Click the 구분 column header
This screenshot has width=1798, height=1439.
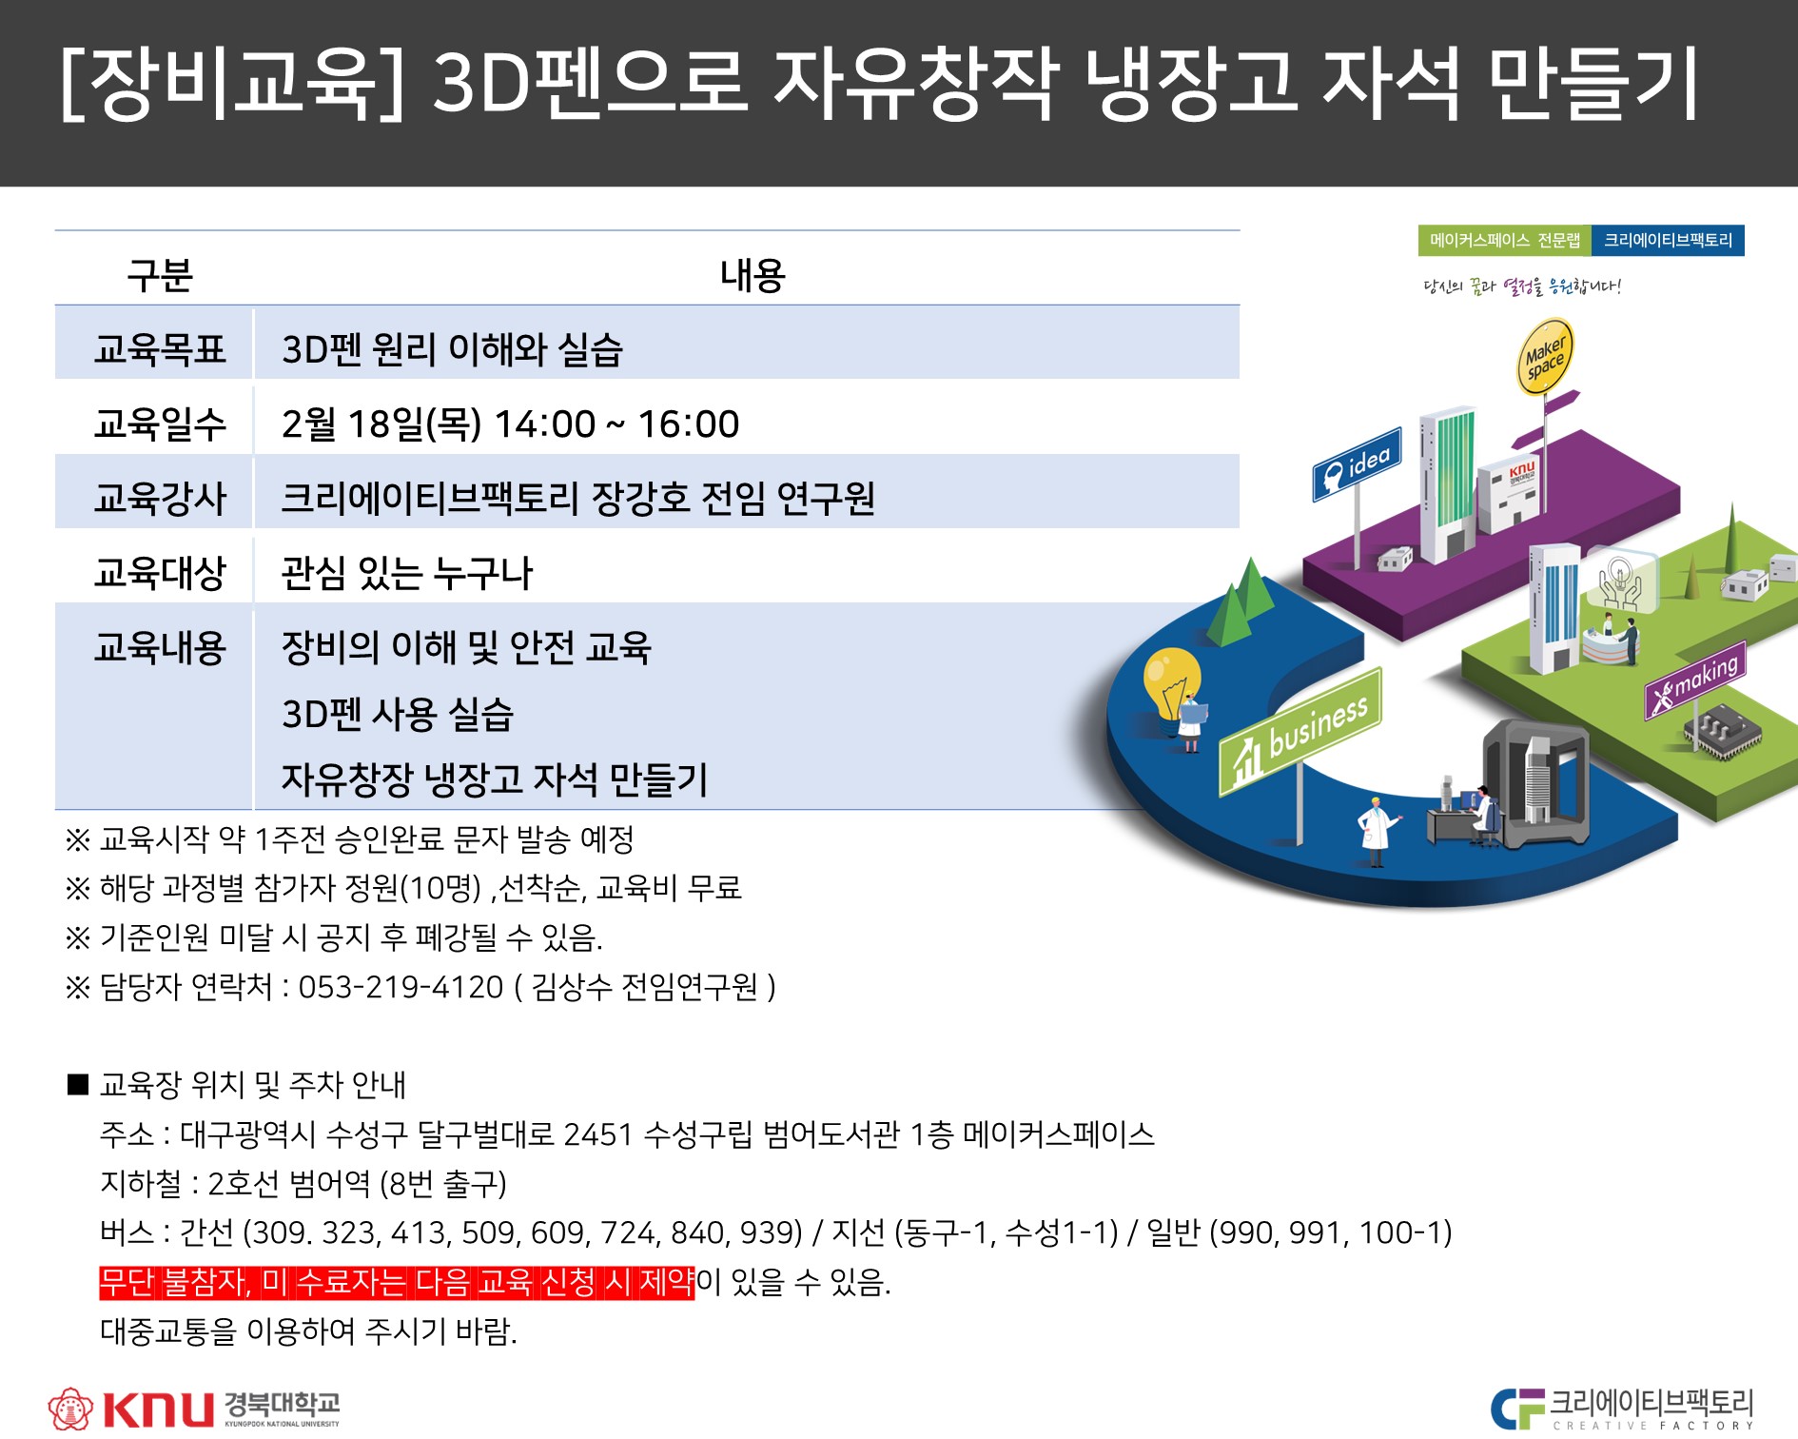pyautogui.click(x=160, y=275)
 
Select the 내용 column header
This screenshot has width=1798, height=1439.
pyautogui.click(x=752, y=275)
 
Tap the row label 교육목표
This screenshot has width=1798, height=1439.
pyautogui.click(x=160, y=349)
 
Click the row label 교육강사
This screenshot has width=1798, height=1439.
pyautogui.click(x=160, y=498)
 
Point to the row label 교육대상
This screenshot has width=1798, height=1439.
pyautogui.click(x=160, y=572)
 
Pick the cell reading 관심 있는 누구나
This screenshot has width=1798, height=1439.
pyautogui.click(x=407, y=573)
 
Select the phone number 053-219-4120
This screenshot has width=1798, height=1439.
pyautogui.click(x=401, y=987)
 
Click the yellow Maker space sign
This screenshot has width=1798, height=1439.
pyautogui.click(x=1544, y=356)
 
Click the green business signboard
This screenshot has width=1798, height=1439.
pyautogui.click(x=1300, y=731)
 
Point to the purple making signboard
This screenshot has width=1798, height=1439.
pyautogui.click(x=1695, y=682)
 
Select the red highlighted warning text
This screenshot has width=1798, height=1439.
pyautogui.click(x=398, y=1282)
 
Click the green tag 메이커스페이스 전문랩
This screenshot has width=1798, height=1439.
pyautogui.click(x=1504, y=241)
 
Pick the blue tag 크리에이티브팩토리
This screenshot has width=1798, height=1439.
pyautogui.click(x=1668, y=241)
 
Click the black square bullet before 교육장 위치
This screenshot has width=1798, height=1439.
pyautogui.click(x=78, y=1084)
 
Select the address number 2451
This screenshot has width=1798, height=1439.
pyautogui.click(x=597, y=1134)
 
